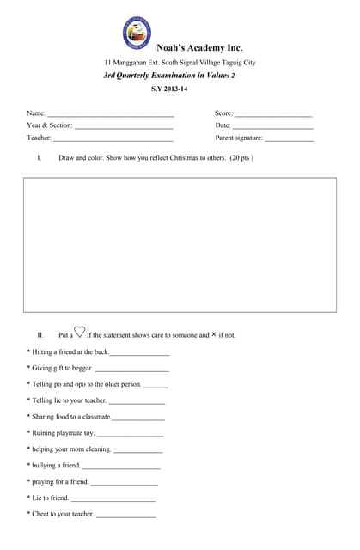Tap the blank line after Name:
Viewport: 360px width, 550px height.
(111, 114)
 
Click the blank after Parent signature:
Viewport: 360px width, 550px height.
(290, 138)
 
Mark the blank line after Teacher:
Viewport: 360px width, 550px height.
(113, 138)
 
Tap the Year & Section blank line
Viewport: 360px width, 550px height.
(124, 126)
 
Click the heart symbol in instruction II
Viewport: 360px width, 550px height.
(80, 333)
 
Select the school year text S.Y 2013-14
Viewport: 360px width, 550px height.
(169, 89)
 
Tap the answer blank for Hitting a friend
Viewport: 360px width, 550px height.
(140, 353)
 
